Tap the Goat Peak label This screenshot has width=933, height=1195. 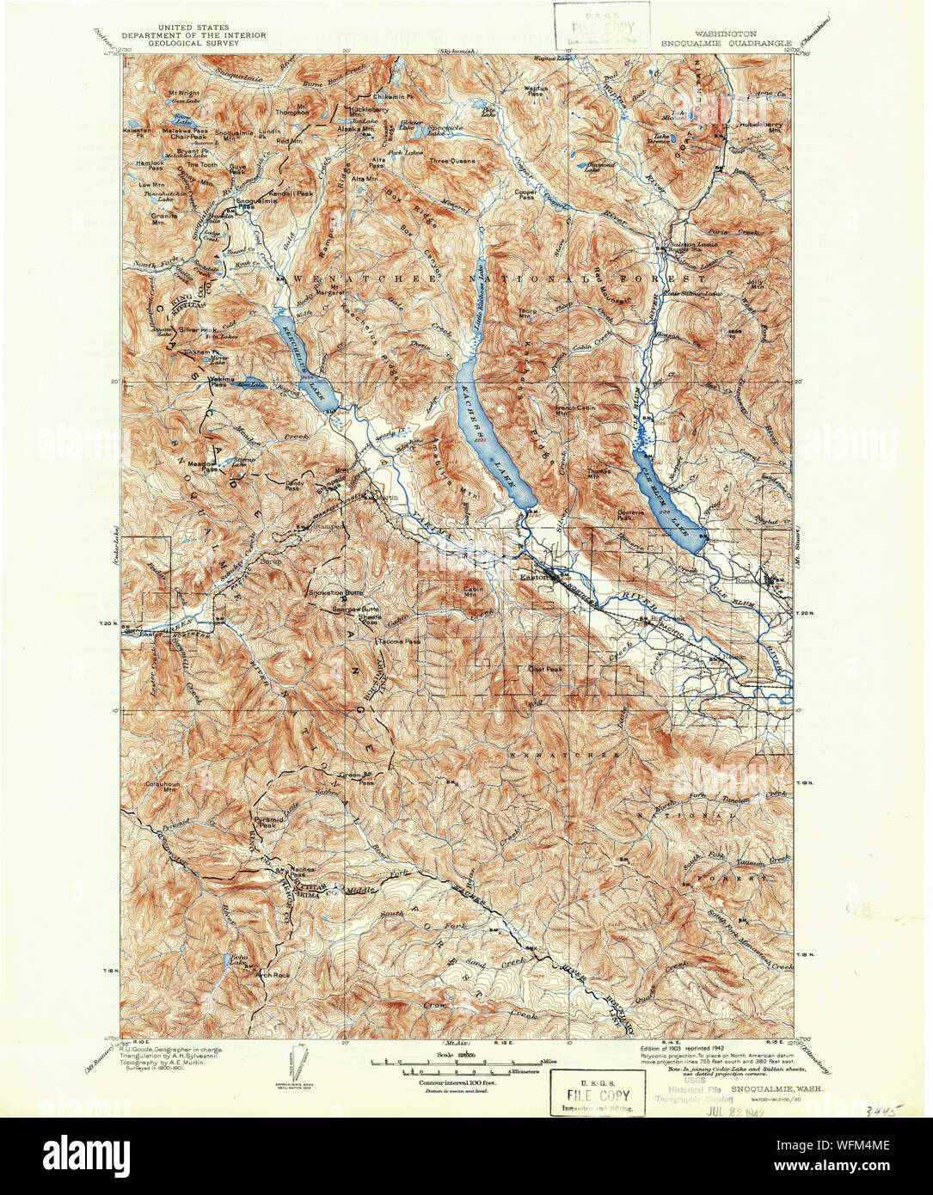544,668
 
